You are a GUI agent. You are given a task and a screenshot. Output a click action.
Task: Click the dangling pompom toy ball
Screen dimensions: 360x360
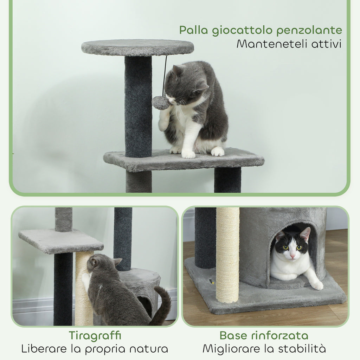(x=160, y=103)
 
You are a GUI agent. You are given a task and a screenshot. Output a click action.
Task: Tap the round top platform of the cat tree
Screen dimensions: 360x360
(x=137, y=47)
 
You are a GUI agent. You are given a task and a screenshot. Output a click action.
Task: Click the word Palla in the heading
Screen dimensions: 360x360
(x=194, y=30)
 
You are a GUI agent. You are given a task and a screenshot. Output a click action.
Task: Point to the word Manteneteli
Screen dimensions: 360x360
(x=272, y=44)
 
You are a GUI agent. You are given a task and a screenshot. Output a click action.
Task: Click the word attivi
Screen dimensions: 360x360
(x=326, y=44)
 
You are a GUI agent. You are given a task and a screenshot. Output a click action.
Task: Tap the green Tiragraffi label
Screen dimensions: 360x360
(x=95, y=336)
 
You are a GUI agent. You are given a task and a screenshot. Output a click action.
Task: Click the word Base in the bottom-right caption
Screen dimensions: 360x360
(x=234, y=335)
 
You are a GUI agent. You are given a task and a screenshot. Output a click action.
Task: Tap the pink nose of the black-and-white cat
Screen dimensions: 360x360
(x=292, y=256)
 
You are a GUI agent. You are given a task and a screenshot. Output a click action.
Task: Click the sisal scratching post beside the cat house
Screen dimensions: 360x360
(x=227, y=255)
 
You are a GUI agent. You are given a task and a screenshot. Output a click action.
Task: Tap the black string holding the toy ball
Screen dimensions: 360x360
(x=165, y=76)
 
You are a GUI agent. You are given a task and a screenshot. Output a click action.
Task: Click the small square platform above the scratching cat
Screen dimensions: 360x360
(x=61, y=241)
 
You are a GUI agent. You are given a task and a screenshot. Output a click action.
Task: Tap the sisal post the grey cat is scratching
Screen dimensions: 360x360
(x=84, y=288)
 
